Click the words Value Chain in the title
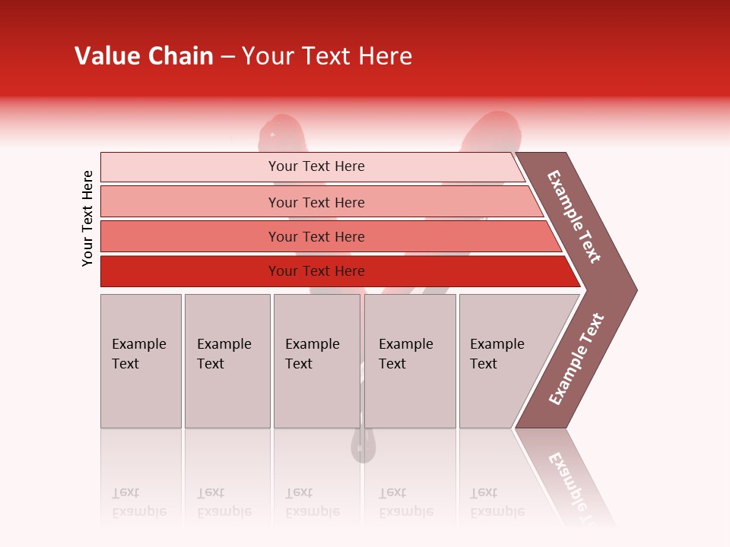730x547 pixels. [x=144, y=56]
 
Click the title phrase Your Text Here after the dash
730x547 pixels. [x=326, y=56]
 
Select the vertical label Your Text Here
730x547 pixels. [x=87, y=218]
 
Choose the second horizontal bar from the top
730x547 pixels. [x=316, y=202]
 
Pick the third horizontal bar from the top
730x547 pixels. [x=316, y=236]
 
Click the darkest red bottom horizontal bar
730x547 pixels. [x=316, y=271]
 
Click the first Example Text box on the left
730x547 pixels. [x=141, y=361]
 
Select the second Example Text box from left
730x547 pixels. [x=227, y=361]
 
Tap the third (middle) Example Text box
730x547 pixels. [x=316, y=361]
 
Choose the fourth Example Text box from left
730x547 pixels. [x=409, y=361]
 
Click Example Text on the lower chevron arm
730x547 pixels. [x=576, y=359]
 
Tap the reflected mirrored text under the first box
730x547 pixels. [x=138, y=502]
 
